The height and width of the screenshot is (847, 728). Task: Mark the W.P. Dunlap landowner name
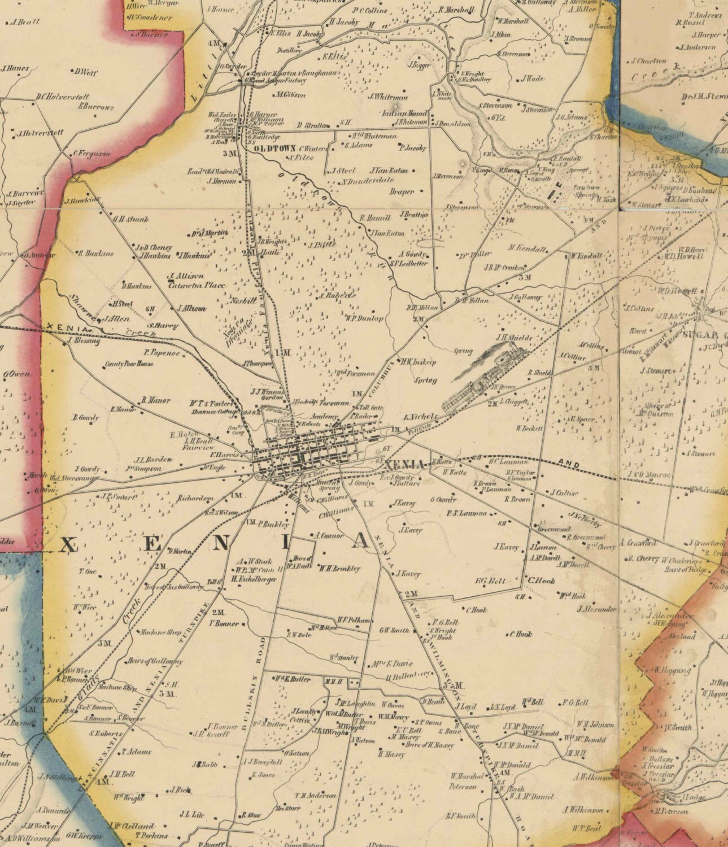(365, 318)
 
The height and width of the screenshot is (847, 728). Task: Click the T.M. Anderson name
(315, 795)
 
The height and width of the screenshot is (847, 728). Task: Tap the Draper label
(402, 191)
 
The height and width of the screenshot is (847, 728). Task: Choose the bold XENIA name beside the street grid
(404, 464)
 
